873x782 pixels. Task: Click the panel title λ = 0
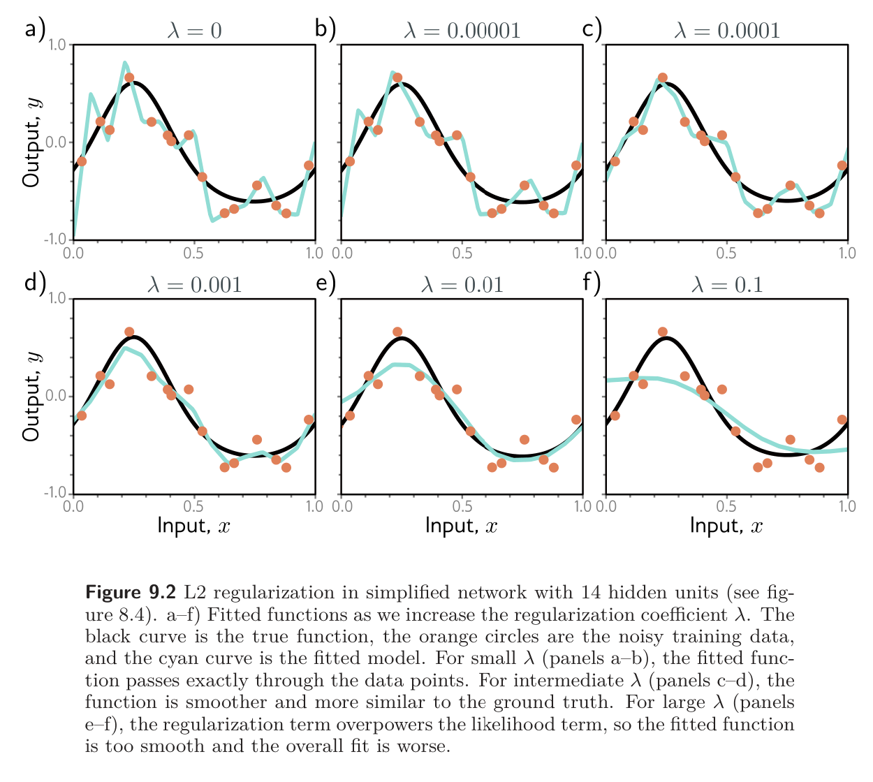tap(195, 31)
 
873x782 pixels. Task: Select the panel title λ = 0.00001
tap(462, 31)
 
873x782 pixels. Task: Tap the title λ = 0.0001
tap(726, 31)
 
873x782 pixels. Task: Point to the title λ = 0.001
tap(195, 285)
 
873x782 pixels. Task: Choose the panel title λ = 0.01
tap(462, 285)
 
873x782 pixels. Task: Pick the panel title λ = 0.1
tap(726, 285)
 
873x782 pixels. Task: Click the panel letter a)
tap(35, 29)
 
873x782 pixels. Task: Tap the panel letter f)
tap(591, 283)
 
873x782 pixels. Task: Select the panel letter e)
tap(325, 283)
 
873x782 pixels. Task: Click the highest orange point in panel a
tap(129, 78)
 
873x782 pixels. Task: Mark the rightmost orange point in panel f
tap(842, 420)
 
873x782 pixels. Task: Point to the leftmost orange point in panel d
tap(82, 415)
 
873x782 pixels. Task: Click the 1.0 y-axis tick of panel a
tap(58, 45)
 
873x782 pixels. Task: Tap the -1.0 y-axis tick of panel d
tap(56, 493)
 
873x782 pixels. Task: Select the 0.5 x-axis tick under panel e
tap(462, 506)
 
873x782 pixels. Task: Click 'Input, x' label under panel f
tap(726, 525)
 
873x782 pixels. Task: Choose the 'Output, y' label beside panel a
tap(31, 142)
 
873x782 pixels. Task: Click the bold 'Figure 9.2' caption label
tap(131, 593)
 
